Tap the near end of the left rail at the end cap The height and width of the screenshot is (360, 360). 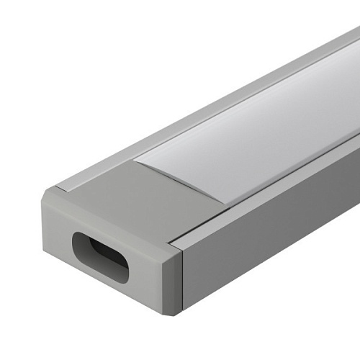(x=72, y=183)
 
